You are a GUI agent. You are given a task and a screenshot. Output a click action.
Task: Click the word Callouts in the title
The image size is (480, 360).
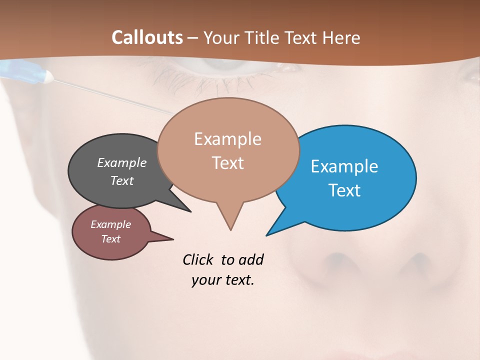(147, 37)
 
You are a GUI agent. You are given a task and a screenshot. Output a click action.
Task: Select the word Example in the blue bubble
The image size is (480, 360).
(344, 166)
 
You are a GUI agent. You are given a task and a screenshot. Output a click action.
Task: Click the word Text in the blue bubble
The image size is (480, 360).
(344, 190)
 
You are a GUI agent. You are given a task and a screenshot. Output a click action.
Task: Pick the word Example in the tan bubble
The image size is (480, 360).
(227, 139)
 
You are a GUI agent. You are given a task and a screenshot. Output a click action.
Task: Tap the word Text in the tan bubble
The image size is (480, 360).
(227, 163)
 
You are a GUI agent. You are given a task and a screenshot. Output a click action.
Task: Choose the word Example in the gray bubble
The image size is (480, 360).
(122, 163)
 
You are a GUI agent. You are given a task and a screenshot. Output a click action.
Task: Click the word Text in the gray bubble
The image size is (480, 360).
(122, 181)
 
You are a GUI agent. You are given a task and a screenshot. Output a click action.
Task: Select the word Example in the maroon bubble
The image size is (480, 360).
(111, 224)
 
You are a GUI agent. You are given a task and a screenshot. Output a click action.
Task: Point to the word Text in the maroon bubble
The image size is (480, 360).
(111, 239)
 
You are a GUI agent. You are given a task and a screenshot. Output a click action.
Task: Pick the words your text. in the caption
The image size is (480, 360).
(223, 280)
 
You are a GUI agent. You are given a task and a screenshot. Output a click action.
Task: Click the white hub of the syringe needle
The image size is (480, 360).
(49, 76)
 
